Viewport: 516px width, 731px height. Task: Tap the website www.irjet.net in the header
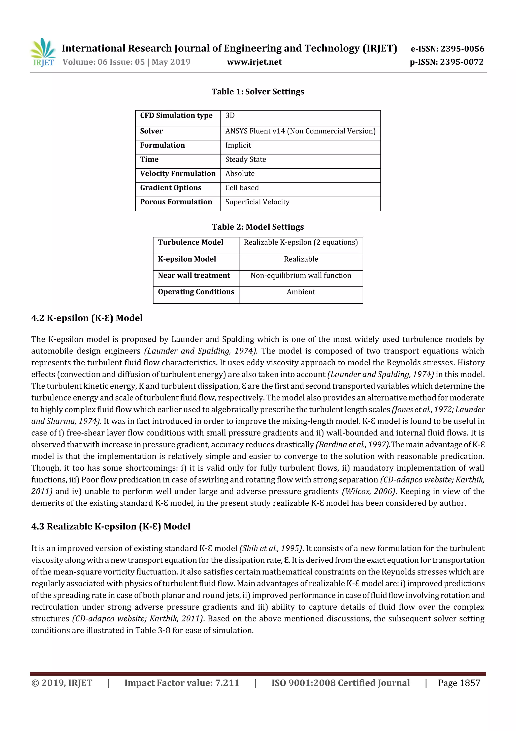[254, 62]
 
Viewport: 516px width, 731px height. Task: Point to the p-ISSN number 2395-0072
[462, 62]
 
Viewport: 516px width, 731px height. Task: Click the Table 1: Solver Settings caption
[257, 92]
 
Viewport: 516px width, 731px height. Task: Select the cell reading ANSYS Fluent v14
[300, 131]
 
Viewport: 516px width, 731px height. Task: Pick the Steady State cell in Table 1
[245, 159]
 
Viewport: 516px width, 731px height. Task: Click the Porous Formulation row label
[176, 202]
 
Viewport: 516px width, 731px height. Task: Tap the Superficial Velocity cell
[257, 202]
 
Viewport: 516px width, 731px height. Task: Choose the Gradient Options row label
[171, 188]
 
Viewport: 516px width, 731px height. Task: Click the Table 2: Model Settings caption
[257, 227]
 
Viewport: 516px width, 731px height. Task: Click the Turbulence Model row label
[190, 242]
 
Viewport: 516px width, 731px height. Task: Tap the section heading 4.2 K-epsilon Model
[87, 318]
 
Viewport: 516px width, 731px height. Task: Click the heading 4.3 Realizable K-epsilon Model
[111, 526]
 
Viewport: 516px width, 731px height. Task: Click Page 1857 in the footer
[459, 683]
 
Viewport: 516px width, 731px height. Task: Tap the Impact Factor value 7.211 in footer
[227, 683]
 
